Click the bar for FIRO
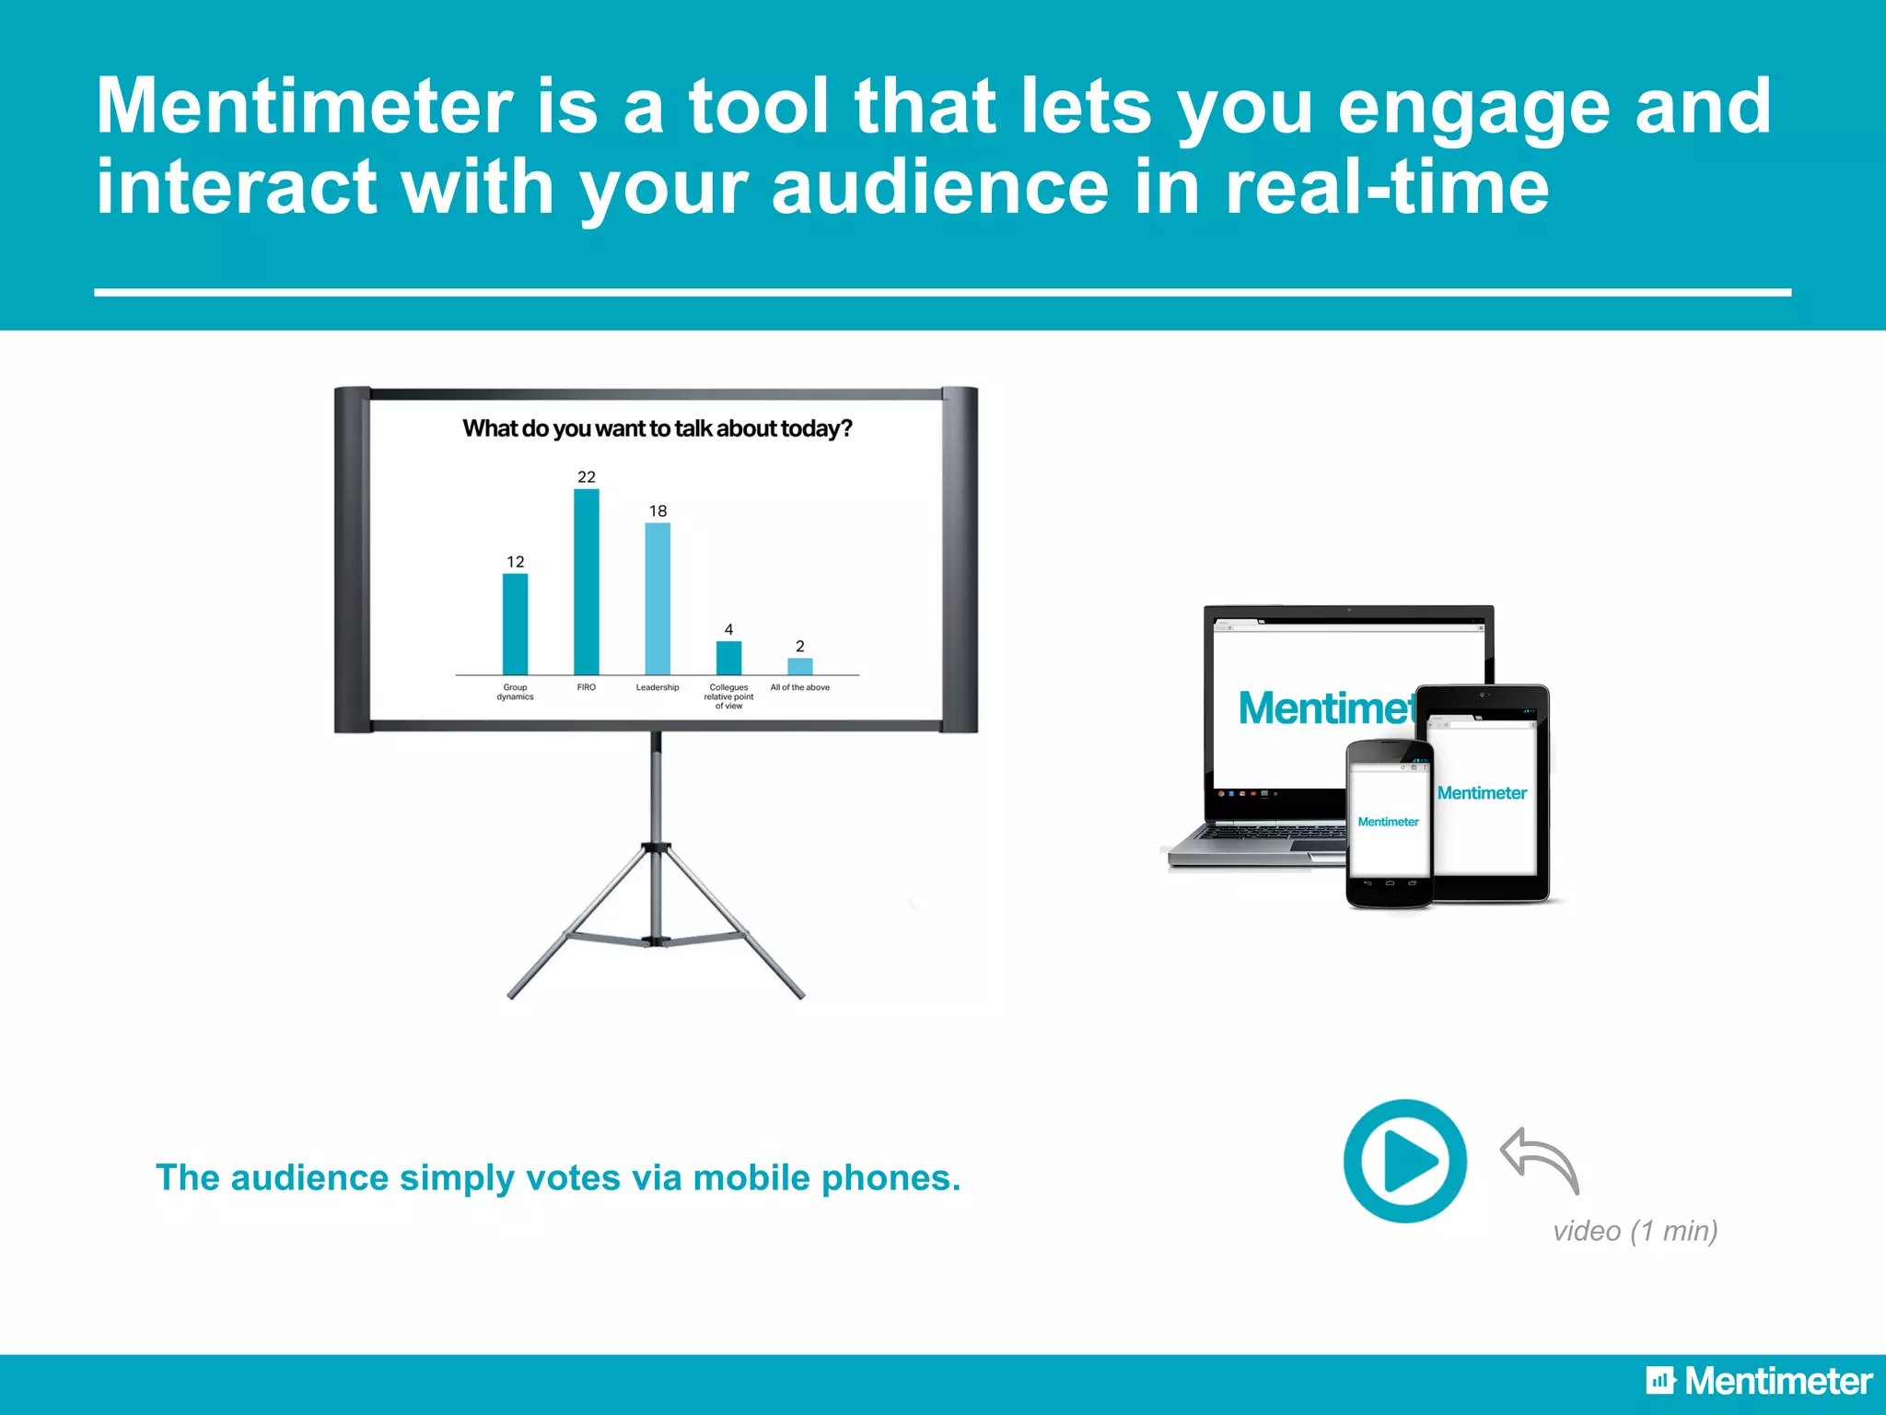click(x=586, y=582)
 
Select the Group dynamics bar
click(x=515, y=625)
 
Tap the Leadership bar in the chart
click(x=658, y=599)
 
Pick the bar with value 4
click(x=728, y=658)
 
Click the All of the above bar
click(x=799, y=666)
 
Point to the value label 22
click(x=587, y=476)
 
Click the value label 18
click(x=658, y=510)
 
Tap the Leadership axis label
click(x=658, y=687)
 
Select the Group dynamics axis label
click(x=515, y=692)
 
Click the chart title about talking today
click(x=657, y=428)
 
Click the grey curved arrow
click(x=1540, y=1158)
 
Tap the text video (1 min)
click(x=1635, y=1231)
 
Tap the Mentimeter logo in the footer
click(x=1759, y=1381)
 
